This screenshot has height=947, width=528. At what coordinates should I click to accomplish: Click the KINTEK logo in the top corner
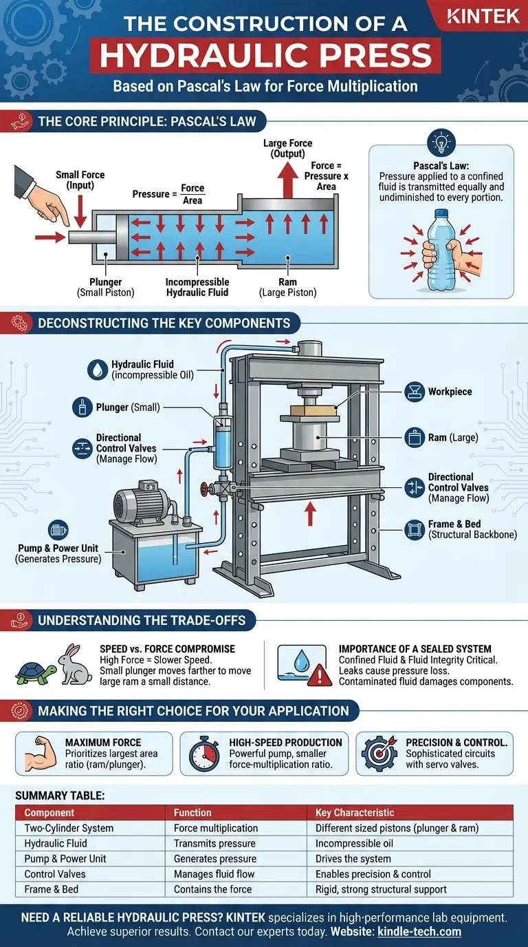(x=483, y=16)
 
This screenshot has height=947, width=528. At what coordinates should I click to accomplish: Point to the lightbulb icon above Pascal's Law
(x=441, y=144)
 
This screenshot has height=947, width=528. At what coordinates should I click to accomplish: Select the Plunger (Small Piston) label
(x=106, y=287)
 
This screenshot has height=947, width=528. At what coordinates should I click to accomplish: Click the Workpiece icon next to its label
(x=415, y=392)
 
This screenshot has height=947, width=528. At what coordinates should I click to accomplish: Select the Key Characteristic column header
(x=355, y=812)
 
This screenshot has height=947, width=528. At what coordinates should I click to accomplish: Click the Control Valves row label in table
(x=57, y=874)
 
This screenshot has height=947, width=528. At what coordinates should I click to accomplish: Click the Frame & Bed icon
(x=415, y=529)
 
